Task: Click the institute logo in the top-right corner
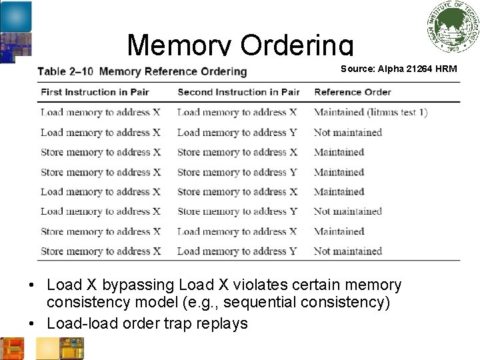click(453, 27)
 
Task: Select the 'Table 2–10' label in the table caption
click(65, 71)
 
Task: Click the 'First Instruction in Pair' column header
click(95, 92)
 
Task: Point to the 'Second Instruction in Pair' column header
click(238, 92)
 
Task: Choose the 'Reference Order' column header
click(353, 92)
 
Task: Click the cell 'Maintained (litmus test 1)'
click(371, 112)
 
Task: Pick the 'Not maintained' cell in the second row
click(347, 132)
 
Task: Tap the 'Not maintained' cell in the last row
click(347, 251)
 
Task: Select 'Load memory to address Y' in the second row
click(237, 132)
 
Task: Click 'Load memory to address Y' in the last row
click(237, 251)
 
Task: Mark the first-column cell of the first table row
click(100, 112)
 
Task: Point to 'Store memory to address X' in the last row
click(101, 251)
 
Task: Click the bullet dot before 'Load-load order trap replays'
click(32, 324)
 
